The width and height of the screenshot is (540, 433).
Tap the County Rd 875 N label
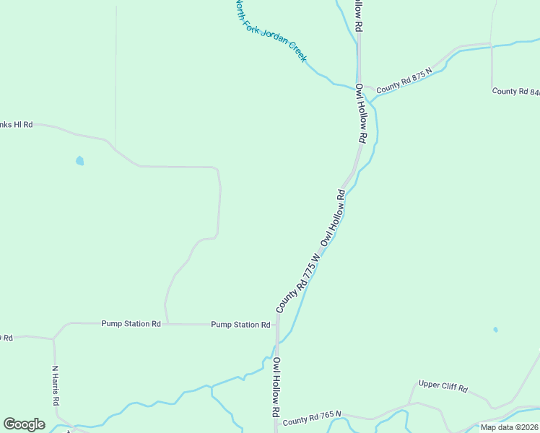click(x=404, y=79)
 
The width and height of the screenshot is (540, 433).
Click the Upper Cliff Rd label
click(x=443, y=386)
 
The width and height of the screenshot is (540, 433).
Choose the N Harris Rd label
click(x=56, y=385)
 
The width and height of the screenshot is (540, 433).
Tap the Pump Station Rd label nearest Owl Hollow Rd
click(x=240, y=325)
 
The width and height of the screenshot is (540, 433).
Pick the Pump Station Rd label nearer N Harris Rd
click(x=131, y=324)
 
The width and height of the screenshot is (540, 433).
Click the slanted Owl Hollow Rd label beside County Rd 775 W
click(x=334, y=217)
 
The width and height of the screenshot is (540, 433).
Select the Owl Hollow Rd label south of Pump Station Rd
click(x=276, y=388)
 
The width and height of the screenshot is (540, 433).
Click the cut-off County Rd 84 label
click(x=515, y=92)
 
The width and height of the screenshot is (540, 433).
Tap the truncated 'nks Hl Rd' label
click(x=17, y=124)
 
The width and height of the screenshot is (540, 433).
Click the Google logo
click(x=24, y=424)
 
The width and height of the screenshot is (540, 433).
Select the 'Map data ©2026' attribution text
click(x=509, y=427)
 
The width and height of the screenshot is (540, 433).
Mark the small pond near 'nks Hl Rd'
click(x=79, y=161)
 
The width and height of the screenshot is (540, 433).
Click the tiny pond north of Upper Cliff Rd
click(x=495, y=330)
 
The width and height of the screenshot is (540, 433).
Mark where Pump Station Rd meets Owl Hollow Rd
click(x=276, y=325)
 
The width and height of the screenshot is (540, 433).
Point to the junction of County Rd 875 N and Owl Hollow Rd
click(x=362, y=87)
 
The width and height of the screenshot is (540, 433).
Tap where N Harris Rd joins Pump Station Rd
click(x=53, y=338)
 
